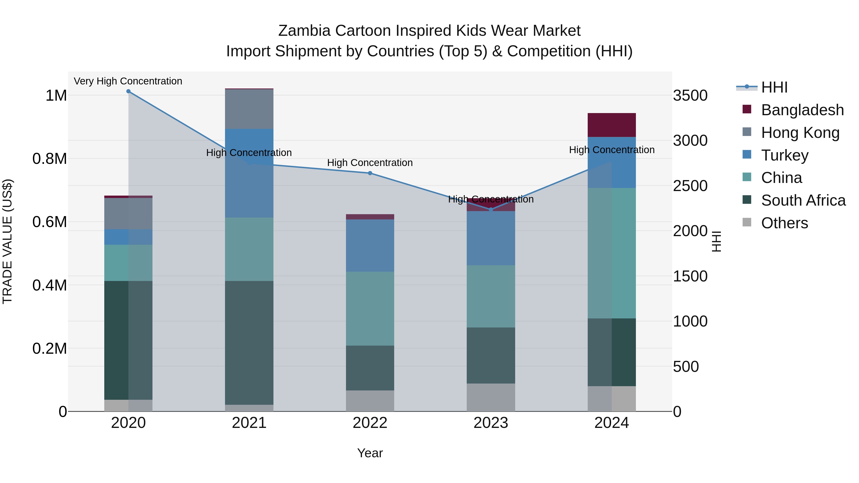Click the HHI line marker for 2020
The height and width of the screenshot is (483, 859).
(128, 91)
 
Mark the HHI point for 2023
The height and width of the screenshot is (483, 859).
(491, 210)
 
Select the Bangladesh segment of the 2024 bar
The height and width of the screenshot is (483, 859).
(611, 125)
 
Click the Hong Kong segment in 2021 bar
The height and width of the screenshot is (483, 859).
(249, 109)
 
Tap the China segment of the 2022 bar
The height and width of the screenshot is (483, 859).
(370, 308)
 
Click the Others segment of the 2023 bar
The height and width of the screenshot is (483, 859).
(491, 397)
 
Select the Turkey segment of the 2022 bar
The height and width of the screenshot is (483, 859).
(370, 245)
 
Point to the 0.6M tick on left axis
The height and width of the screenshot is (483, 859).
(49, 222)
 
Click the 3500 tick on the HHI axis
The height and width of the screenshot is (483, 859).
(690, 96)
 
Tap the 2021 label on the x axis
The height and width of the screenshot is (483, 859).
(249, 423)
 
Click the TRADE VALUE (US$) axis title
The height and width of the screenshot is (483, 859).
(7, 241)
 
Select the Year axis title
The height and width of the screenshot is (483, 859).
(370, 453)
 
